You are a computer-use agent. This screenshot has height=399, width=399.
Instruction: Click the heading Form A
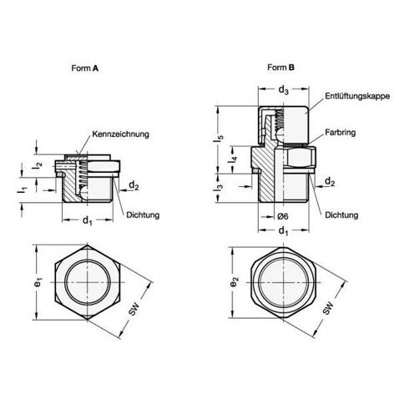[85, 68]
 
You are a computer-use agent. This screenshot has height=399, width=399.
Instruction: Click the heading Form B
[280, 68]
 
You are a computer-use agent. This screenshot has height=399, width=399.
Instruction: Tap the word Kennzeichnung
[120, 134]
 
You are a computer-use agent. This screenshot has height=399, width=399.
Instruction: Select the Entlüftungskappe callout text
[357, 96]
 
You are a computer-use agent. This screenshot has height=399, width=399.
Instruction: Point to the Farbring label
[341, 133]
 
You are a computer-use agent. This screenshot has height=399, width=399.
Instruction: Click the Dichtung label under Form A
[143, 215]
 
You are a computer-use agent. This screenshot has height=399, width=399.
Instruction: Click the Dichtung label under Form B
[341, 215]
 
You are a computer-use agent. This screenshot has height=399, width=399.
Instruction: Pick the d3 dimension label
[284, 90]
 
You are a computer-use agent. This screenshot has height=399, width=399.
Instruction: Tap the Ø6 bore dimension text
[283, 216]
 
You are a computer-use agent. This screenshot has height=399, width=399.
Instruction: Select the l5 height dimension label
[219, 139]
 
